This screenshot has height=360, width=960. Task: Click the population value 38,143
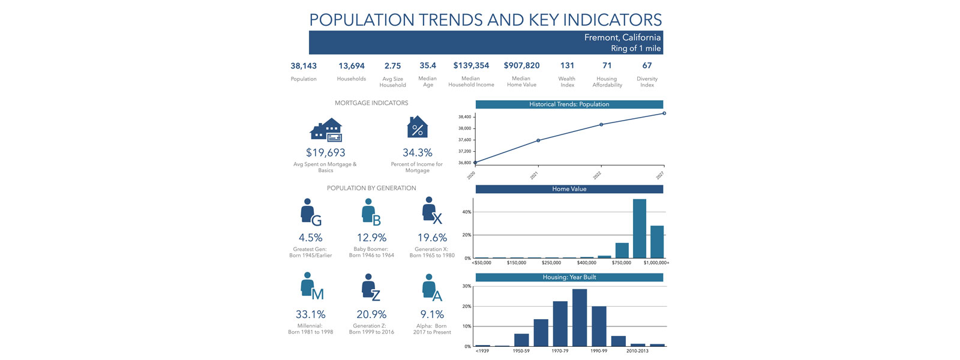(304, 66)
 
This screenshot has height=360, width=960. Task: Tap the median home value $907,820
(521, 65)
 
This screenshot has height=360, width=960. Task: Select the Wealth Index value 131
(567, 65)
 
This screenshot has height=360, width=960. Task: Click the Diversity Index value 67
(647, 65)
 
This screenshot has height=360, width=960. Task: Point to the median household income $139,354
(471, 65)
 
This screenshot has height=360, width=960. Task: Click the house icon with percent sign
(418, 128)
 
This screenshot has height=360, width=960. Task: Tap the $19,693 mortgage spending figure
(325, 153)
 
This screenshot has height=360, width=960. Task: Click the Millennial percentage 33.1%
(310, 314)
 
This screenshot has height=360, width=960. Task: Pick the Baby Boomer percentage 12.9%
(371, 238)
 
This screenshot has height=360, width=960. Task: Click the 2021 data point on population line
(538, 140)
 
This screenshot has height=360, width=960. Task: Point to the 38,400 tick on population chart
(465, 117)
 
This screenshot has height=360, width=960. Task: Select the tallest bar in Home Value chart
(640, 229)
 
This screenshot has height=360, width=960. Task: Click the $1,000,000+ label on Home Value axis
(656, 263)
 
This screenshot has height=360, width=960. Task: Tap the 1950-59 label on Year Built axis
(521, 351)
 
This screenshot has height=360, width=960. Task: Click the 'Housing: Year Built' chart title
(569, 277)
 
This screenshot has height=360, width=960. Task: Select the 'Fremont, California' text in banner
(622, 37)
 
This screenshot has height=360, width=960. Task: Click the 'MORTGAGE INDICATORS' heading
(371, 103)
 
